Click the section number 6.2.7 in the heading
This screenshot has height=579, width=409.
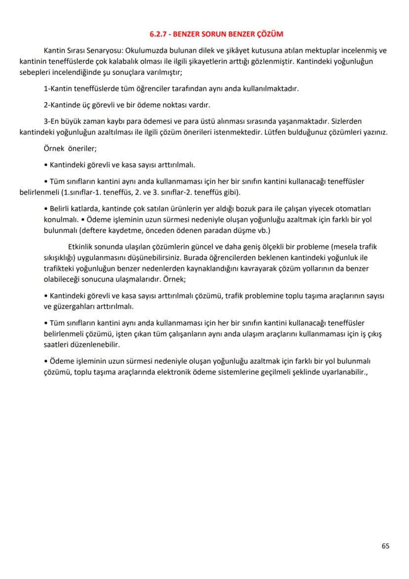click(158, 35)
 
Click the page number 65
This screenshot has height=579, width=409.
click(385, 546)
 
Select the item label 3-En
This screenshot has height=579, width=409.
click(53, 121)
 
